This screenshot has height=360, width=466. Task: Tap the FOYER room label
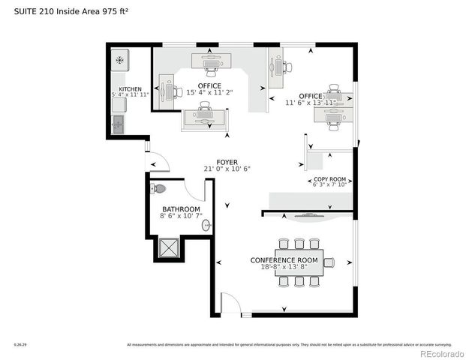227,162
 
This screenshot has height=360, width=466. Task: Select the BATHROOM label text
181,208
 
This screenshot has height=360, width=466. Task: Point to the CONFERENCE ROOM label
284,260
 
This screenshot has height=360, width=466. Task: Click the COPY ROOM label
329,180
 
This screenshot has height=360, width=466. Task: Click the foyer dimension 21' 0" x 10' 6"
227,169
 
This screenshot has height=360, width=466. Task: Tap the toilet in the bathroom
158,189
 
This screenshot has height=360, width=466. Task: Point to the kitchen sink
119,124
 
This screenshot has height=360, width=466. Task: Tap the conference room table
298,262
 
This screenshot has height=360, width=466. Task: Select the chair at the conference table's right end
329,262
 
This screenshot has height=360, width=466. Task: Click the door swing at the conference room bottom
232,304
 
